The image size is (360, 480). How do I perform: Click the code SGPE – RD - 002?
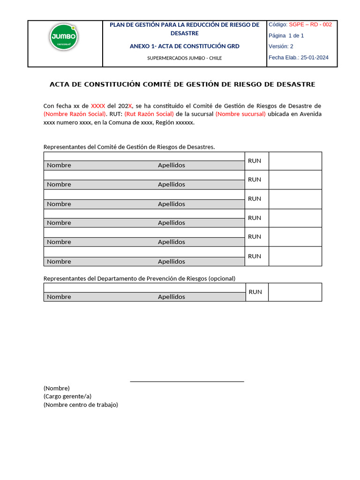coord(310,24)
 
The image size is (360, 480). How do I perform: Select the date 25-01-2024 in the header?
coord(315,58)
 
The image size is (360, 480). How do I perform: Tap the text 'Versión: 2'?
coord(281,46)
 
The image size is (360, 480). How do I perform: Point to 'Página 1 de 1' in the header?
coord(286,36)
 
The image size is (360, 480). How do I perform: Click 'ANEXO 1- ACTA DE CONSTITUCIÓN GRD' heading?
coord(184,46)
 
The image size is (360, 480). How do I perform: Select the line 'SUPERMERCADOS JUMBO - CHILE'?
coord(184,58)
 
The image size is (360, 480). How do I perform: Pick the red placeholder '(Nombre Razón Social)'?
coord(75,114)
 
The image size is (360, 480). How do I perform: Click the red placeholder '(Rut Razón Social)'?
coord(149,114)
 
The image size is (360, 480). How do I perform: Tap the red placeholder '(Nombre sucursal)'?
coord(240,114)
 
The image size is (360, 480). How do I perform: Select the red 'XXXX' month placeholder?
coord(98,106)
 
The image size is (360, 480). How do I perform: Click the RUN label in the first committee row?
coord(255,161)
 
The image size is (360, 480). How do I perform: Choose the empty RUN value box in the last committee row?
coord(295,256)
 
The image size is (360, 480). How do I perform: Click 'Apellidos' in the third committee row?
coord(171,204)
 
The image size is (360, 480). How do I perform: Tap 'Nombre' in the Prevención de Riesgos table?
coord(59,297)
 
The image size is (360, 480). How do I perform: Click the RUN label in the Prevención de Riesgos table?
coord(255,292)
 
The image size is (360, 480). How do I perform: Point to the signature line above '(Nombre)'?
coord(187,382)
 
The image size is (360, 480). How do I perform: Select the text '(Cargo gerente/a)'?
coord(67,397)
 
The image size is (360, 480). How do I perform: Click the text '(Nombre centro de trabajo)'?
coord(81,405)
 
